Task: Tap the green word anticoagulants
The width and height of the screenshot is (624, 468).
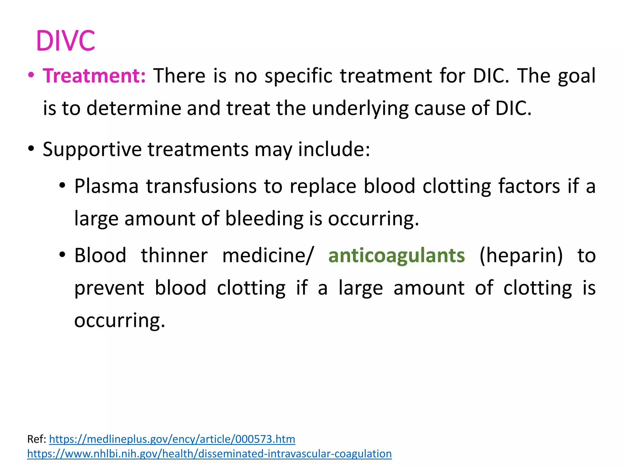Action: coord(396,255)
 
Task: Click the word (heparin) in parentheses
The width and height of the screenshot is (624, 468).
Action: coord(521,255)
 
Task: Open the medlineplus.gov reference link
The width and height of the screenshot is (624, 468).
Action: coord(172,439)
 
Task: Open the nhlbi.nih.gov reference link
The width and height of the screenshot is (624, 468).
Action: coord(209,454)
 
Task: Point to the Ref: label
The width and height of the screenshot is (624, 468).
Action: coord(37,439)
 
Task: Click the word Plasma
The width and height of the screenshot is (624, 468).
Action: coord(106,186)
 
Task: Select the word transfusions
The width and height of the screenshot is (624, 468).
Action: coord(201,186)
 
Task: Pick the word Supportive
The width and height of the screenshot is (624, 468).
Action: coord(92,150)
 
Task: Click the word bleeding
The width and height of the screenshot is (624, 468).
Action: coord(264,219)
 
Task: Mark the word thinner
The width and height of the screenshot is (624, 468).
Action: coord(174,255)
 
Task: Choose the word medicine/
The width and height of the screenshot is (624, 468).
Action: coord(267,255)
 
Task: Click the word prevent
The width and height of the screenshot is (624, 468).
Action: coord(109,288)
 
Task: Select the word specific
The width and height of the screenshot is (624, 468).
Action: coord(298,76)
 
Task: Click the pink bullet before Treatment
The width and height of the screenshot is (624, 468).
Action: coord(31,75)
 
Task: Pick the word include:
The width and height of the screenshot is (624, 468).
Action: coord(334,150)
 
